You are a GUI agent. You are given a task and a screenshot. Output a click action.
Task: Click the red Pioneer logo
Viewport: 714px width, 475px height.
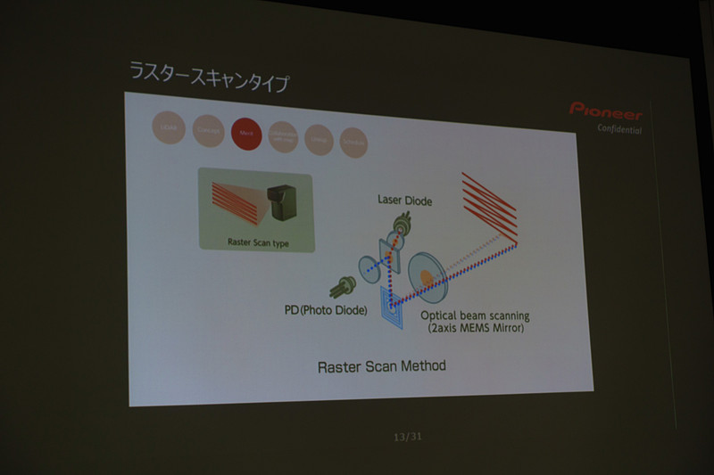[605, 111]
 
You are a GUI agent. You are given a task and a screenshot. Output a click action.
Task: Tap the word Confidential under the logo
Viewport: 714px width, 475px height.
[619, 129]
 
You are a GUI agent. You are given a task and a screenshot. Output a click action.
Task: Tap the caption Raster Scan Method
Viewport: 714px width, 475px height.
[381, 366]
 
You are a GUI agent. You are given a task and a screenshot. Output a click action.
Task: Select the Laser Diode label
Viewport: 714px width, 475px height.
[404, 201]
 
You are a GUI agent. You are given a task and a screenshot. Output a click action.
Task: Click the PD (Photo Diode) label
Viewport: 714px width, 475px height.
[325, 310]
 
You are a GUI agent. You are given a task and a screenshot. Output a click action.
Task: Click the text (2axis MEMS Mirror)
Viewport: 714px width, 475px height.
[477, 328]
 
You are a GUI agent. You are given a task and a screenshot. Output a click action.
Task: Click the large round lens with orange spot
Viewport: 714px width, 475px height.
[428, 275]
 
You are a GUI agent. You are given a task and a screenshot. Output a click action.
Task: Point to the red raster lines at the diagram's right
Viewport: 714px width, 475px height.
[489, 205]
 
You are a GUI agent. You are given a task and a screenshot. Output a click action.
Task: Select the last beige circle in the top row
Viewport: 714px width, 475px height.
[353, 143]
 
